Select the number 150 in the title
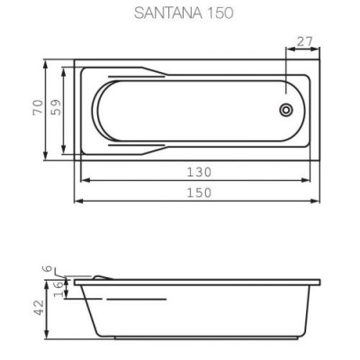click(212, 13)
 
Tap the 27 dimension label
click(304, 41)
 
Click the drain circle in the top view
click(286, 110)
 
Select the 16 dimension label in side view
click(56, 286)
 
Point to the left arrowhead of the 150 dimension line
click(77, 202)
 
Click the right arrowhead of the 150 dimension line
click(319, 202)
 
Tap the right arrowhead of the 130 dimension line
click(310, 180)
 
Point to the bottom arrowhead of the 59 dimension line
click(66, 149)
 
